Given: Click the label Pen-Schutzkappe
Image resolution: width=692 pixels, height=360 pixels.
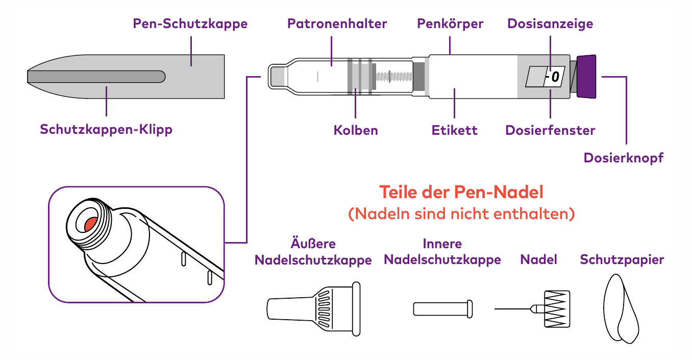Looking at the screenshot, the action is point(190,24).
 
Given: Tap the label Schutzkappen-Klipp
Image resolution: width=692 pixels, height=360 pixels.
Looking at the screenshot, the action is point(106,130).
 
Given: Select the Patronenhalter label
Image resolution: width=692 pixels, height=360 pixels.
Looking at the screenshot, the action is point(337,24).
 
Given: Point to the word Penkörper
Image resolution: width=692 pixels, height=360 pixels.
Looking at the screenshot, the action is point(450,24).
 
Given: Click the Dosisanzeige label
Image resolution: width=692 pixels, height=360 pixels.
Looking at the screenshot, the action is point(550,24).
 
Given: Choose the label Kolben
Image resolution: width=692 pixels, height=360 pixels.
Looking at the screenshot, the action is point(356,130).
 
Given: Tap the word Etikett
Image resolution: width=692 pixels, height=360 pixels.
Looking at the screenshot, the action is point(454,130).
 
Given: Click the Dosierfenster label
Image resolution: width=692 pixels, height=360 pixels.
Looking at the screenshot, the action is point(550,130).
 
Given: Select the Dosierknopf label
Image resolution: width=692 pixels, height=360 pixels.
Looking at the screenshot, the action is point(624,158).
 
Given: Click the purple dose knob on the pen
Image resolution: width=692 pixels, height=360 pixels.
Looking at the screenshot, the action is point(586,77).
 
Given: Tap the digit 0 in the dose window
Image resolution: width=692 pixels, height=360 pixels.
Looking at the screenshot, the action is point(555,77).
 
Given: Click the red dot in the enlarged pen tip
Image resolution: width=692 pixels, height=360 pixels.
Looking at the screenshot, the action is point(91,224).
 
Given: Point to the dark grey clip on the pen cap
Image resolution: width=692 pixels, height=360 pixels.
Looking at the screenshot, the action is point(96,77).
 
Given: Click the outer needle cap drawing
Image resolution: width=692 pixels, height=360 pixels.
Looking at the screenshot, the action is point(313,309).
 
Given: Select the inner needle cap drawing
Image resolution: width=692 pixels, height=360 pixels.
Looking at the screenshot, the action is point(443,309).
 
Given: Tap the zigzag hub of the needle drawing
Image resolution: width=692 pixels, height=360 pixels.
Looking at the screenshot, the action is point(557,309).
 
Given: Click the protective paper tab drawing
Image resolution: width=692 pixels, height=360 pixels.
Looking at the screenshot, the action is point(621,308).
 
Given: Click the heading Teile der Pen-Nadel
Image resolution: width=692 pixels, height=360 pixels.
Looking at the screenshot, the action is point(461,192).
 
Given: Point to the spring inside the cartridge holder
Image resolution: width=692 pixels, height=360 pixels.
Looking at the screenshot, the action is point(394,77).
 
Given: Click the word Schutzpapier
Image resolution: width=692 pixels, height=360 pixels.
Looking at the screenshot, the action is point(622,260).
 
